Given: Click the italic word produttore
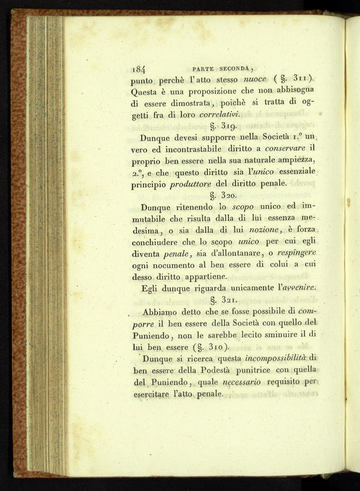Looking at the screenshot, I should pos(194,184).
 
